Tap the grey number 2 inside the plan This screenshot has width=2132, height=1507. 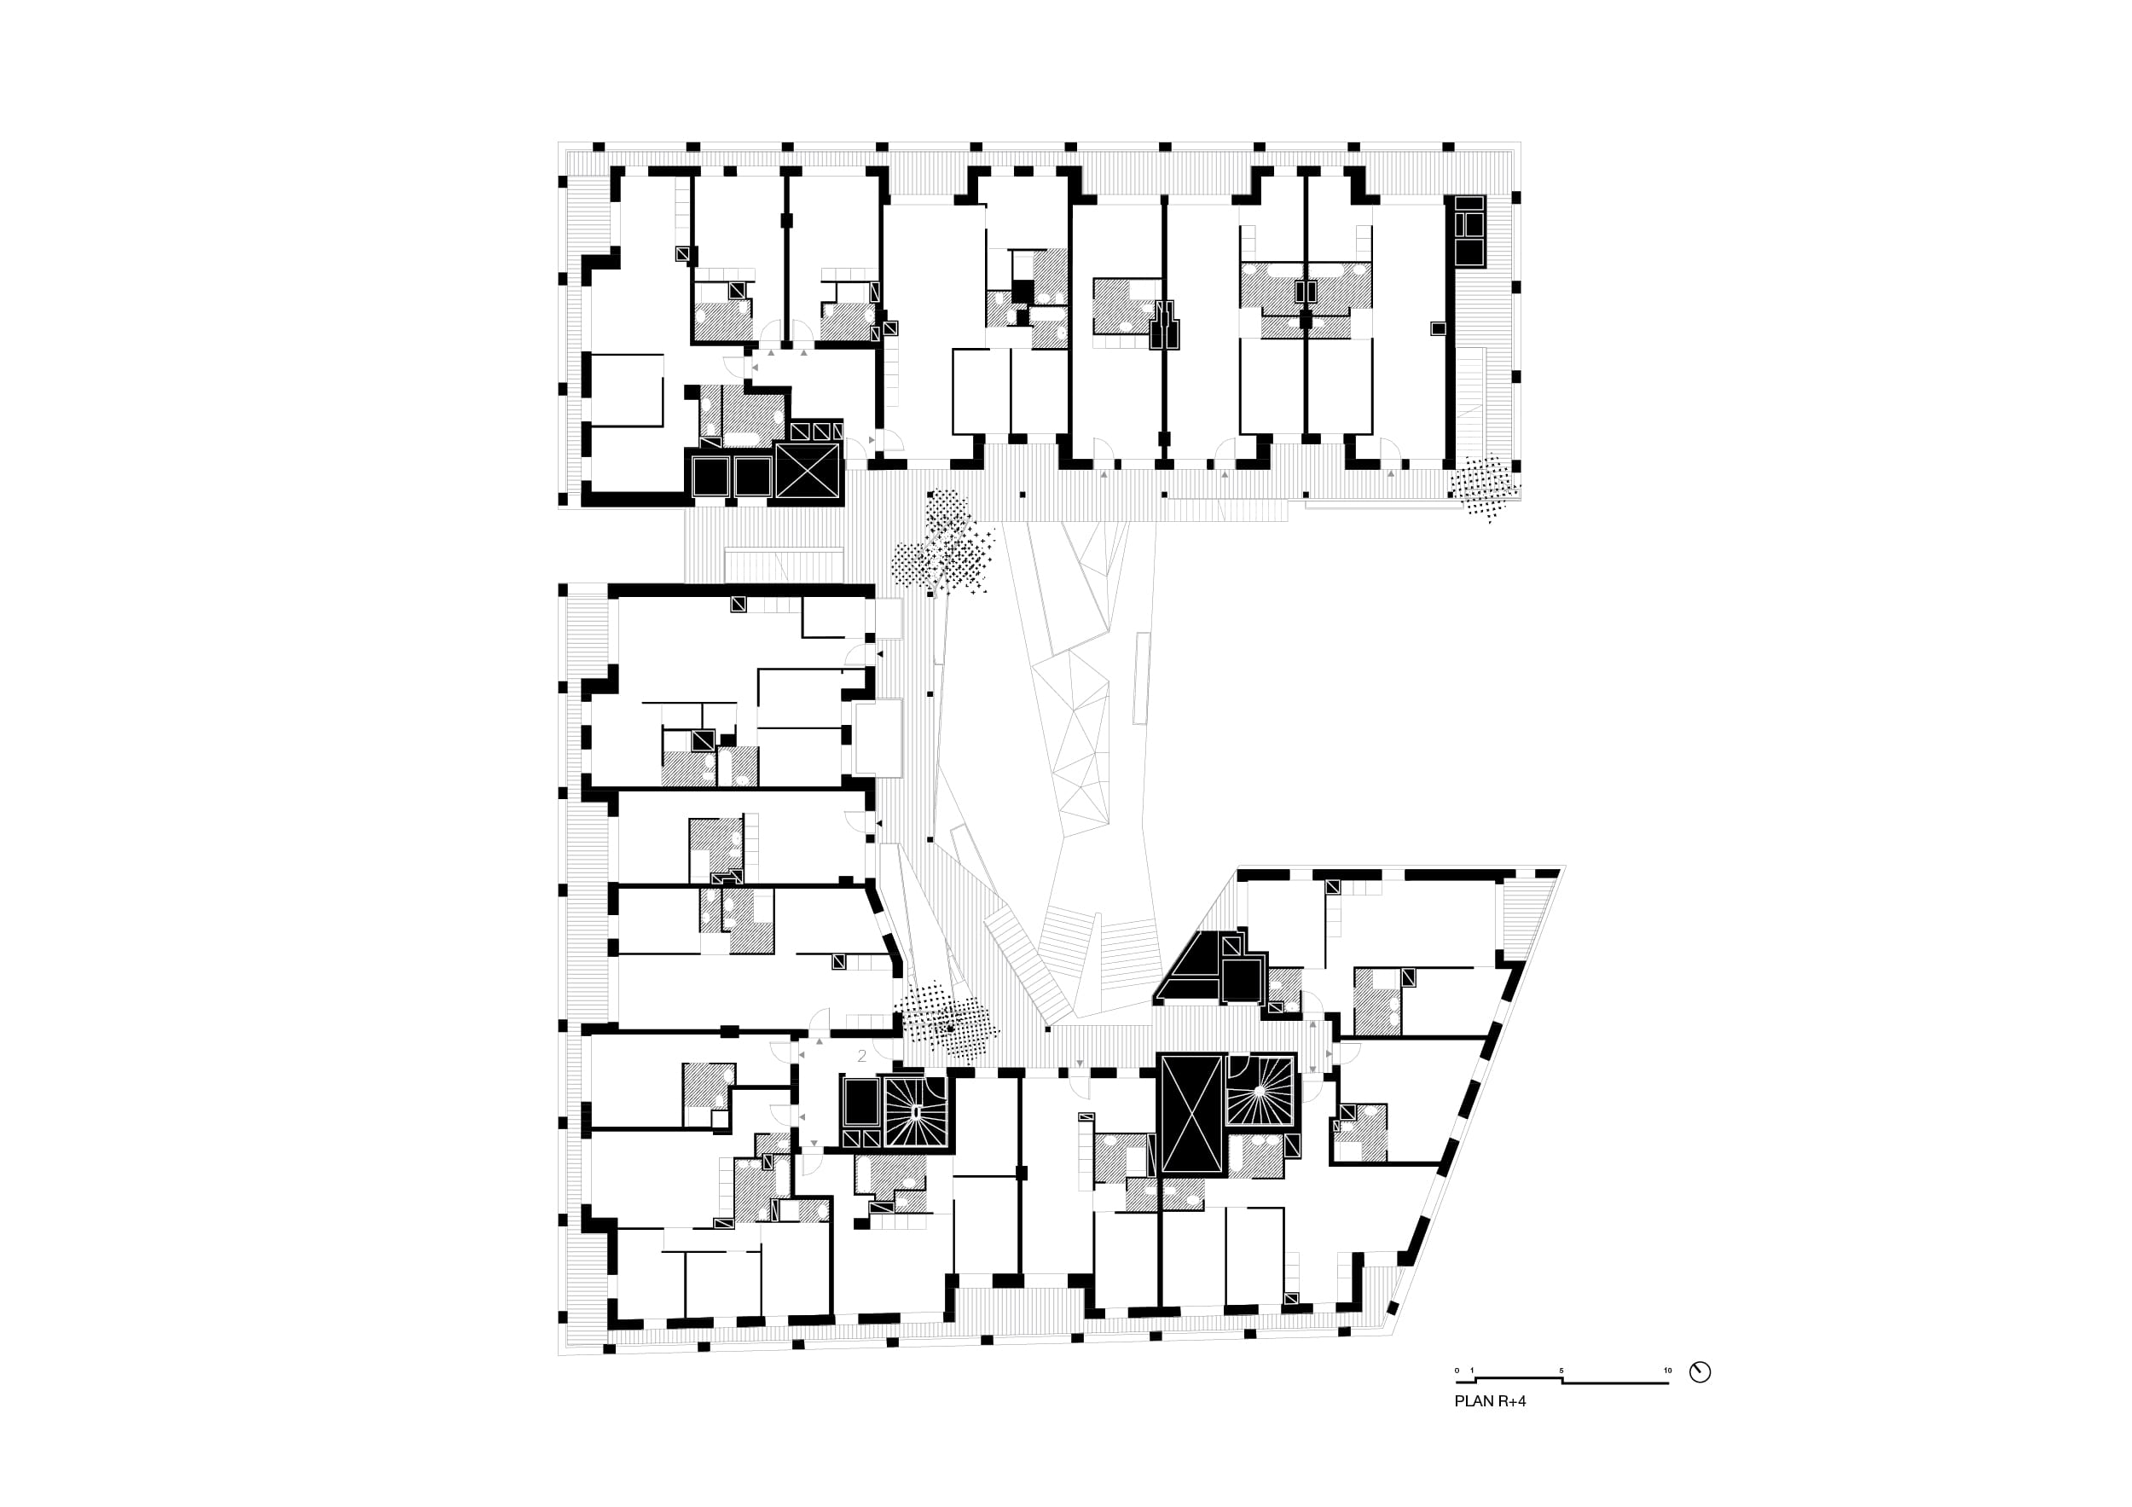(x=861, y=1056)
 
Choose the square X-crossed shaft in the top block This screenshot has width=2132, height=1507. (x=806, y=472)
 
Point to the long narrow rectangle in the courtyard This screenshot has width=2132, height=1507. (x=1142, y=678)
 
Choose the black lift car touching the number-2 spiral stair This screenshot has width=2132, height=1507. (x=860, y=1101)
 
